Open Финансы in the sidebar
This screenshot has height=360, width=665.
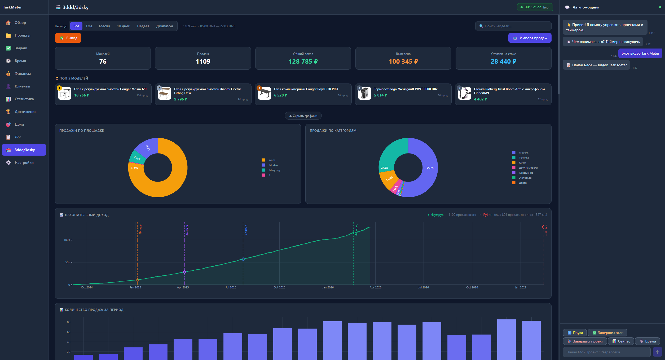coord(23,73)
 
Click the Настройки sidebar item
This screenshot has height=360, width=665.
coord(24,163)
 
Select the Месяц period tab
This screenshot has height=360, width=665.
coord(104,26)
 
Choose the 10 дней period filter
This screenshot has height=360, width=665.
coord(124,26)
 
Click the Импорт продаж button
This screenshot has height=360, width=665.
coord(530,38)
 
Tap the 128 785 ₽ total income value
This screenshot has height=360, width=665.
coord(303,62)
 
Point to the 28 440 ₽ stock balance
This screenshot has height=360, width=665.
coord(503,62)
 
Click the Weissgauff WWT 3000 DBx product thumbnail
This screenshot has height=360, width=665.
coord(364,93)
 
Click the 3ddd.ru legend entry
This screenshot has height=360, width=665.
coord(273,165)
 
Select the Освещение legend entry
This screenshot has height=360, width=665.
coord(526,173)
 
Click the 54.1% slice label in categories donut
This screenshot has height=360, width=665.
coord(430,168)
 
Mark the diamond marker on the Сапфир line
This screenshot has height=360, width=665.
coord(243,259)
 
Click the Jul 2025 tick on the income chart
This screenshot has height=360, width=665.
coord(231,287)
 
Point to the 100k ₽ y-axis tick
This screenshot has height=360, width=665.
coord(68,240)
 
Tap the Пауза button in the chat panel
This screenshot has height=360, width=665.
coord(575,333)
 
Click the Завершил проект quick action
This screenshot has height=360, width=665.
coord(585,341)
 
